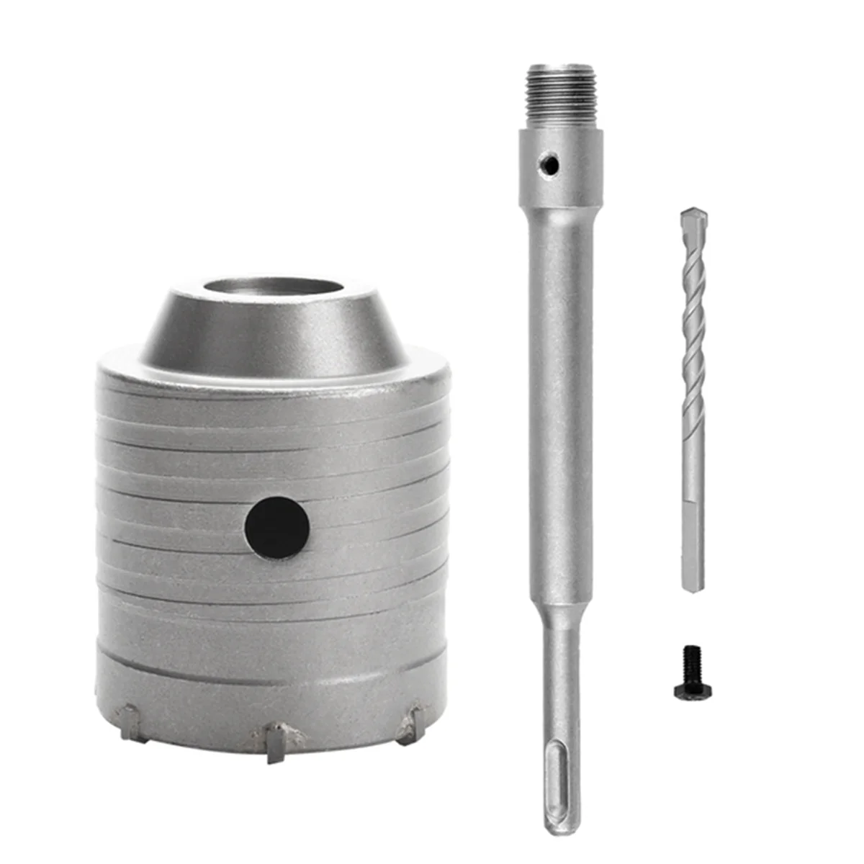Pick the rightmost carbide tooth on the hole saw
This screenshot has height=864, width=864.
pos(411,722)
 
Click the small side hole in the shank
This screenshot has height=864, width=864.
pos(550,165)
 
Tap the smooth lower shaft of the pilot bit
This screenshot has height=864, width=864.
pos(693,540)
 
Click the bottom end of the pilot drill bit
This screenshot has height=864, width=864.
pos(695,590)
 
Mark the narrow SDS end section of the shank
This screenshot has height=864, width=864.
pos(562,691)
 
